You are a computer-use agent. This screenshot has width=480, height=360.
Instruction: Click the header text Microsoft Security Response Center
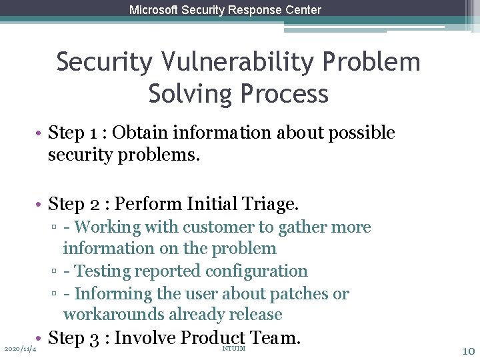(225, 10)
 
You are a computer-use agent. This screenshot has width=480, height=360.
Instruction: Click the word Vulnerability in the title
(240, 62)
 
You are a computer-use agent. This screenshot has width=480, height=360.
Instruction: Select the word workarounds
(114, 314)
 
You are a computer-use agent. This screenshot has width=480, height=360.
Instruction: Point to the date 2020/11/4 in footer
(20, 349)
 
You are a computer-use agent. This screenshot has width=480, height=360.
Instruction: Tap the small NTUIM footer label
(233, 349)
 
